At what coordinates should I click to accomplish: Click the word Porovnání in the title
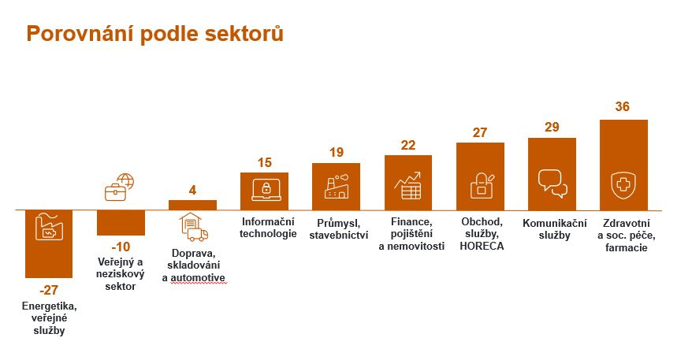click(x=80, y=34)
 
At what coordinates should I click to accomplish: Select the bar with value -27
click(x=49, y=244)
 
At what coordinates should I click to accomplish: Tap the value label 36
click(x=622, y=106)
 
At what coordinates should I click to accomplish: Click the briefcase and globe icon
click(x=119, y=187)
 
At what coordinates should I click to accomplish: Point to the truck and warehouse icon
click(x=193, y=227)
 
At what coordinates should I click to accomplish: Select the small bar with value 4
click(x=192, y=205)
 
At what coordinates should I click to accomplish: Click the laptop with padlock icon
click(x=266, y=190)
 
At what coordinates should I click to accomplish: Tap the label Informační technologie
click(x=268, y=228)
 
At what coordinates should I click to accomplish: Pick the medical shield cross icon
click(x=623, y=186)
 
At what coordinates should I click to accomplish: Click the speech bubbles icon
click(x=552, y=184)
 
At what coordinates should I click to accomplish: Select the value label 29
click(x=552, y=127)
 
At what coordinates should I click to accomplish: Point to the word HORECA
click(x=482, y=246)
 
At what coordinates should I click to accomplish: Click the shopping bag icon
click(x=481, y=186)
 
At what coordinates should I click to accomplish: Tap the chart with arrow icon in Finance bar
click(x=407, y=186)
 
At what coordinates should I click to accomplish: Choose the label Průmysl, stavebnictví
click(x=339, y=229)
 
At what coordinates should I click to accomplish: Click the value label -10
click(x=121, y=247)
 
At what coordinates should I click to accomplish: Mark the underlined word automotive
click(x=198, y=277)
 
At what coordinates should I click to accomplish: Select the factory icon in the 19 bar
click(x=337, y=186)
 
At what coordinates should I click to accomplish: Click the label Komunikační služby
click(x=554, y=229)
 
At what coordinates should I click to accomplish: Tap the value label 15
click(x=265, y=163)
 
